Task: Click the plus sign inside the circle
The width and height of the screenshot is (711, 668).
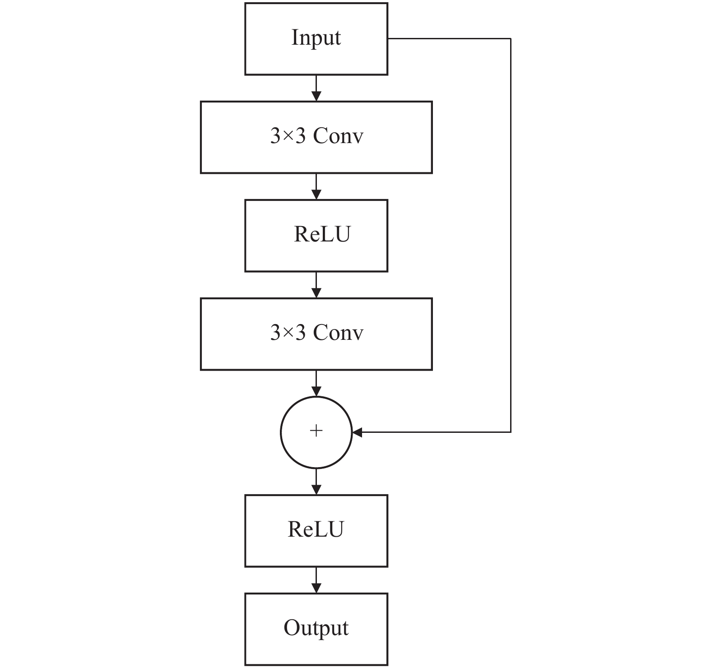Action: click(x=316, y=431)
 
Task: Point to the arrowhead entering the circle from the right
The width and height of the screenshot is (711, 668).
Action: click(x=357, y=432)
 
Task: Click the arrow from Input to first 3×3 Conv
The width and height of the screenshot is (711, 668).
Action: click(x=316, y=88)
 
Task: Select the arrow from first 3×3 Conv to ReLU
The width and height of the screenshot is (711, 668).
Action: click(x=316, y=186)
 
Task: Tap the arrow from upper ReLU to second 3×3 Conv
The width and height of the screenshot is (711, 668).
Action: click(x=316, y=285)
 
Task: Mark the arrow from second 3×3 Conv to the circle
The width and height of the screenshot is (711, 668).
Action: click(x=316, y=383)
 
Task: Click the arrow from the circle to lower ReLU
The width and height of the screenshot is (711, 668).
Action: click(x=316, y=482)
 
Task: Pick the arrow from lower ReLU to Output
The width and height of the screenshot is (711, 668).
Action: click(x=316, y=580)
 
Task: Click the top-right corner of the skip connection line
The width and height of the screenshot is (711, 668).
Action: click(x=511, y=39)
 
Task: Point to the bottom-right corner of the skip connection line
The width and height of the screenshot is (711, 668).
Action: click(x=511, y=432)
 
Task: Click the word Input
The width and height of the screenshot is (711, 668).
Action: click(x=316, y=38)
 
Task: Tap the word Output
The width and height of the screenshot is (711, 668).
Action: click(x=316, y=628)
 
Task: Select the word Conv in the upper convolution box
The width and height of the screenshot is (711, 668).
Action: click(x=338, y=135)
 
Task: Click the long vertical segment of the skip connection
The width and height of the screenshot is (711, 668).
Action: click(x=511, y=236)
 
